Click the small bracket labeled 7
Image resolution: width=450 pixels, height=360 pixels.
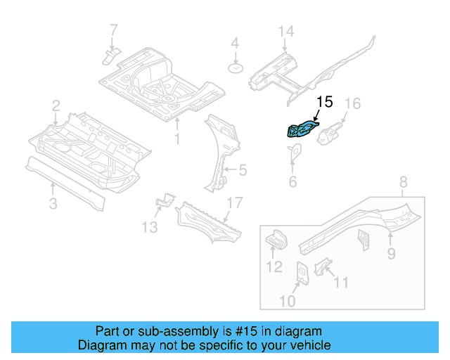111,55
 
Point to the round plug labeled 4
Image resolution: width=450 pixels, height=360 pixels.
236,68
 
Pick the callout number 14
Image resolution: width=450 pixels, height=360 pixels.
285,32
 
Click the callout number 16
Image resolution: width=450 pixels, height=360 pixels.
352,104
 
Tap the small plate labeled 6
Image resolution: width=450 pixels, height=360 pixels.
295,150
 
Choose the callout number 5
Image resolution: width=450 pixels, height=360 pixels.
243,169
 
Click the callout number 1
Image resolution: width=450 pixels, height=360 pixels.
177,139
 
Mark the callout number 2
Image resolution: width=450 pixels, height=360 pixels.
56,106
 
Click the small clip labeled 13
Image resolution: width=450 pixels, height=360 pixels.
164,202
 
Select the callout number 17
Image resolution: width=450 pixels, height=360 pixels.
233,203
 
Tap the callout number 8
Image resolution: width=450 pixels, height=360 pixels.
403,184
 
